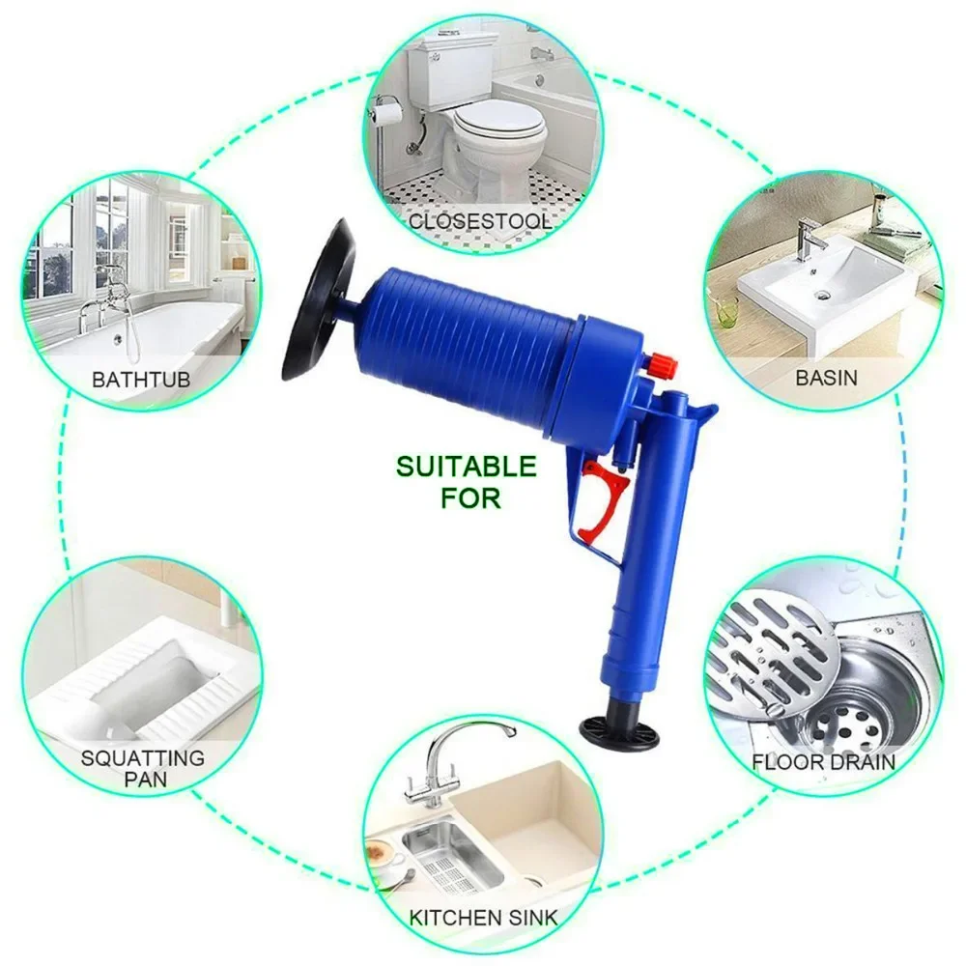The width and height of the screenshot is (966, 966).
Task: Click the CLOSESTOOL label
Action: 480,221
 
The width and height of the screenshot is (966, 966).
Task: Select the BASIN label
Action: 826,377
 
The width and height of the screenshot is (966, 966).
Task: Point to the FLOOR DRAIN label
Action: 824,762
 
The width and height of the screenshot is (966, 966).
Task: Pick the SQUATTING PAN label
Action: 142,768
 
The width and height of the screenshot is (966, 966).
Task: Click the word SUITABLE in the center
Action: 466,468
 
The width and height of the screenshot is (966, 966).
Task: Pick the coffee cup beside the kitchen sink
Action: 384,855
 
